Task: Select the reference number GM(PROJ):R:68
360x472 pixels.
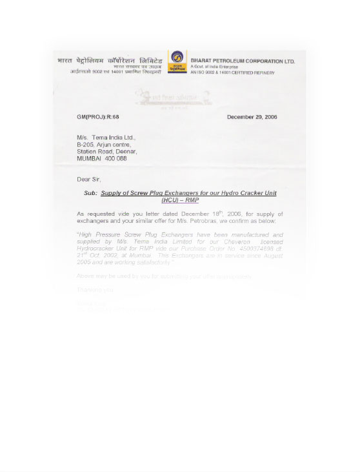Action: [97, 117]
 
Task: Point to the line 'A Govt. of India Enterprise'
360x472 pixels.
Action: [214, 67]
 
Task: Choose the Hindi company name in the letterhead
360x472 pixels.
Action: [110, 61]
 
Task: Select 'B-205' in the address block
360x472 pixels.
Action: [86, 145]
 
